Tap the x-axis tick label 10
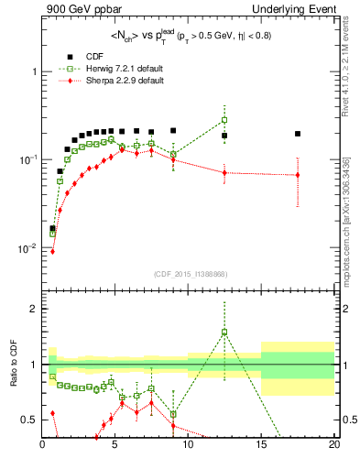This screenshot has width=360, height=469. [x=188, y=446]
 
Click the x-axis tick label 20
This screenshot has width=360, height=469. [x=333, y=446]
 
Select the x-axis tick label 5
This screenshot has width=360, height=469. [x=115, y=446]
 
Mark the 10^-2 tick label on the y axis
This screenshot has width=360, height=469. [x=27, y=248]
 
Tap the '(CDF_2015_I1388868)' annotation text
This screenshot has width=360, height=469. [x=189, y=273]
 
